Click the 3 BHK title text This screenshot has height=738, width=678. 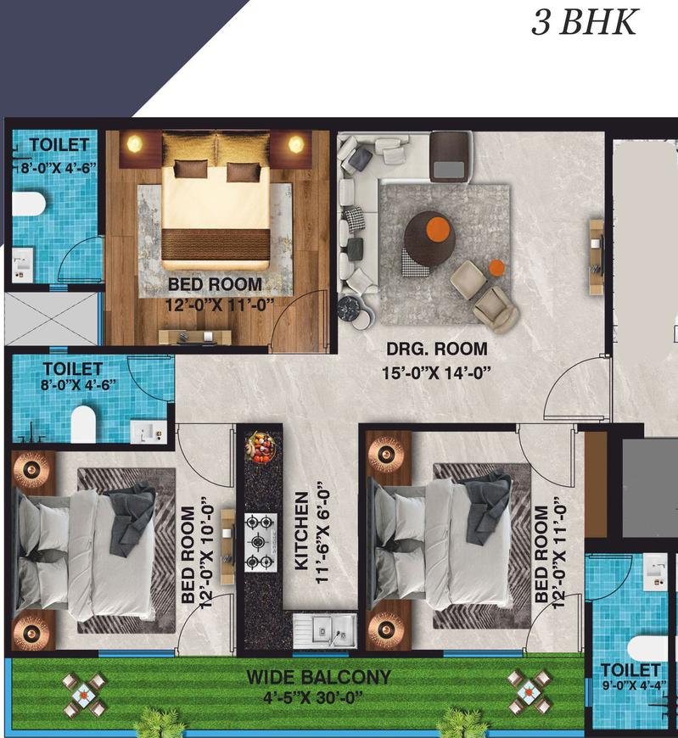pyautogui.click(x=585, y=23)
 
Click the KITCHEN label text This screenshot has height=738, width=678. pyautogui.click(x=302, y=531)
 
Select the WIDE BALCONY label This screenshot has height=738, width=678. pyautogui.click(x=319, y=677)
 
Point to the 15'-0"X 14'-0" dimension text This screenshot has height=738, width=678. pyautogui.click(x=436, y=373)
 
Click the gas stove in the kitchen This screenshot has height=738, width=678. pyautogui.click(x=261, y=543)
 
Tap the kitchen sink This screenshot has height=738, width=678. pyautogui.click(x=325, y=630)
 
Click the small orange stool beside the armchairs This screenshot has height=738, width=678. pyautogui.click(x=496, y=268)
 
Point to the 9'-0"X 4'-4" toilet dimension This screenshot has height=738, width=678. pyautogui.click(x=634, y=685)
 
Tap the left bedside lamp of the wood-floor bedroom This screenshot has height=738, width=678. pyautogui.click(x=135, y=143)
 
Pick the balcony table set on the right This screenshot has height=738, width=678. pyautogui.click(x=529, y=692)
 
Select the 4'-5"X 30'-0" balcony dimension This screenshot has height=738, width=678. pyautogui.click(x=312, y=696)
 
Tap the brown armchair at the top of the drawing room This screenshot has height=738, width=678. pyautogui.click(x=451, y=156)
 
